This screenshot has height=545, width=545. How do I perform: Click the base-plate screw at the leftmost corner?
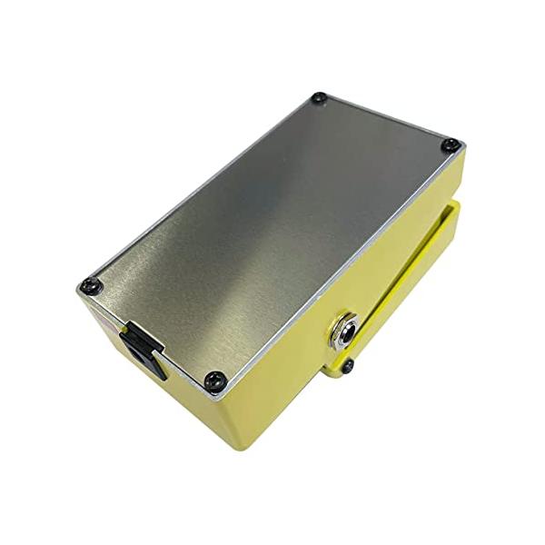(88, 285)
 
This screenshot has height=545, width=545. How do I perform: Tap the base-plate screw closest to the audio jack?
(213, 380)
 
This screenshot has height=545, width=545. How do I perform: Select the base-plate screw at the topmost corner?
(319, 98)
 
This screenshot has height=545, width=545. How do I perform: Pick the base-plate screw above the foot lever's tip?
(451, 144)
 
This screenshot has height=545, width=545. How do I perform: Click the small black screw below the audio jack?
(347, 366)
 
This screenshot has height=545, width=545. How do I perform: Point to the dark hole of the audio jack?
(344, 330)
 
